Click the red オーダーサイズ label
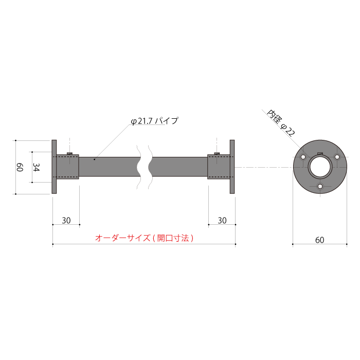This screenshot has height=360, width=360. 145,238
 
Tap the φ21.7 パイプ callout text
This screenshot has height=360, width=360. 154,121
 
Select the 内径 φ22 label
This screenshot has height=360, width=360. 281,122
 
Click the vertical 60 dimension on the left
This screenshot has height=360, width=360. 20,167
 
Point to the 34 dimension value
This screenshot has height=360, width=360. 36,167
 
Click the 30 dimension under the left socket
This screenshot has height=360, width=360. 66,220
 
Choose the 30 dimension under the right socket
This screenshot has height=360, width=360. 222,220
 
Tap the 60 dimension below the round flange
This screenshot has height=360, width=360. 319,240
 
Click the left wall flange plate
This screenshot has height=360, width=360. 55,167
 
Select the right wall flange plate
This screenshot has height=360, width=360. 232,167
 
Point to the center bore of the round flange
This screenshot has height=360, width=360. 320,167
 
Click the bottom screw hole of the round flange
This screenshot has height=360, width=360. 320,186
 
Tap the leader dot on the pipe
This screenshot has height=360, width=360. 95,160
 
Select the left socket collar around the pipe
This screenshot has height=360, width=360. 68,167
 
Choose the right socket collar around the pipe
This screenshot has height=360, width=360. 219,167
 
